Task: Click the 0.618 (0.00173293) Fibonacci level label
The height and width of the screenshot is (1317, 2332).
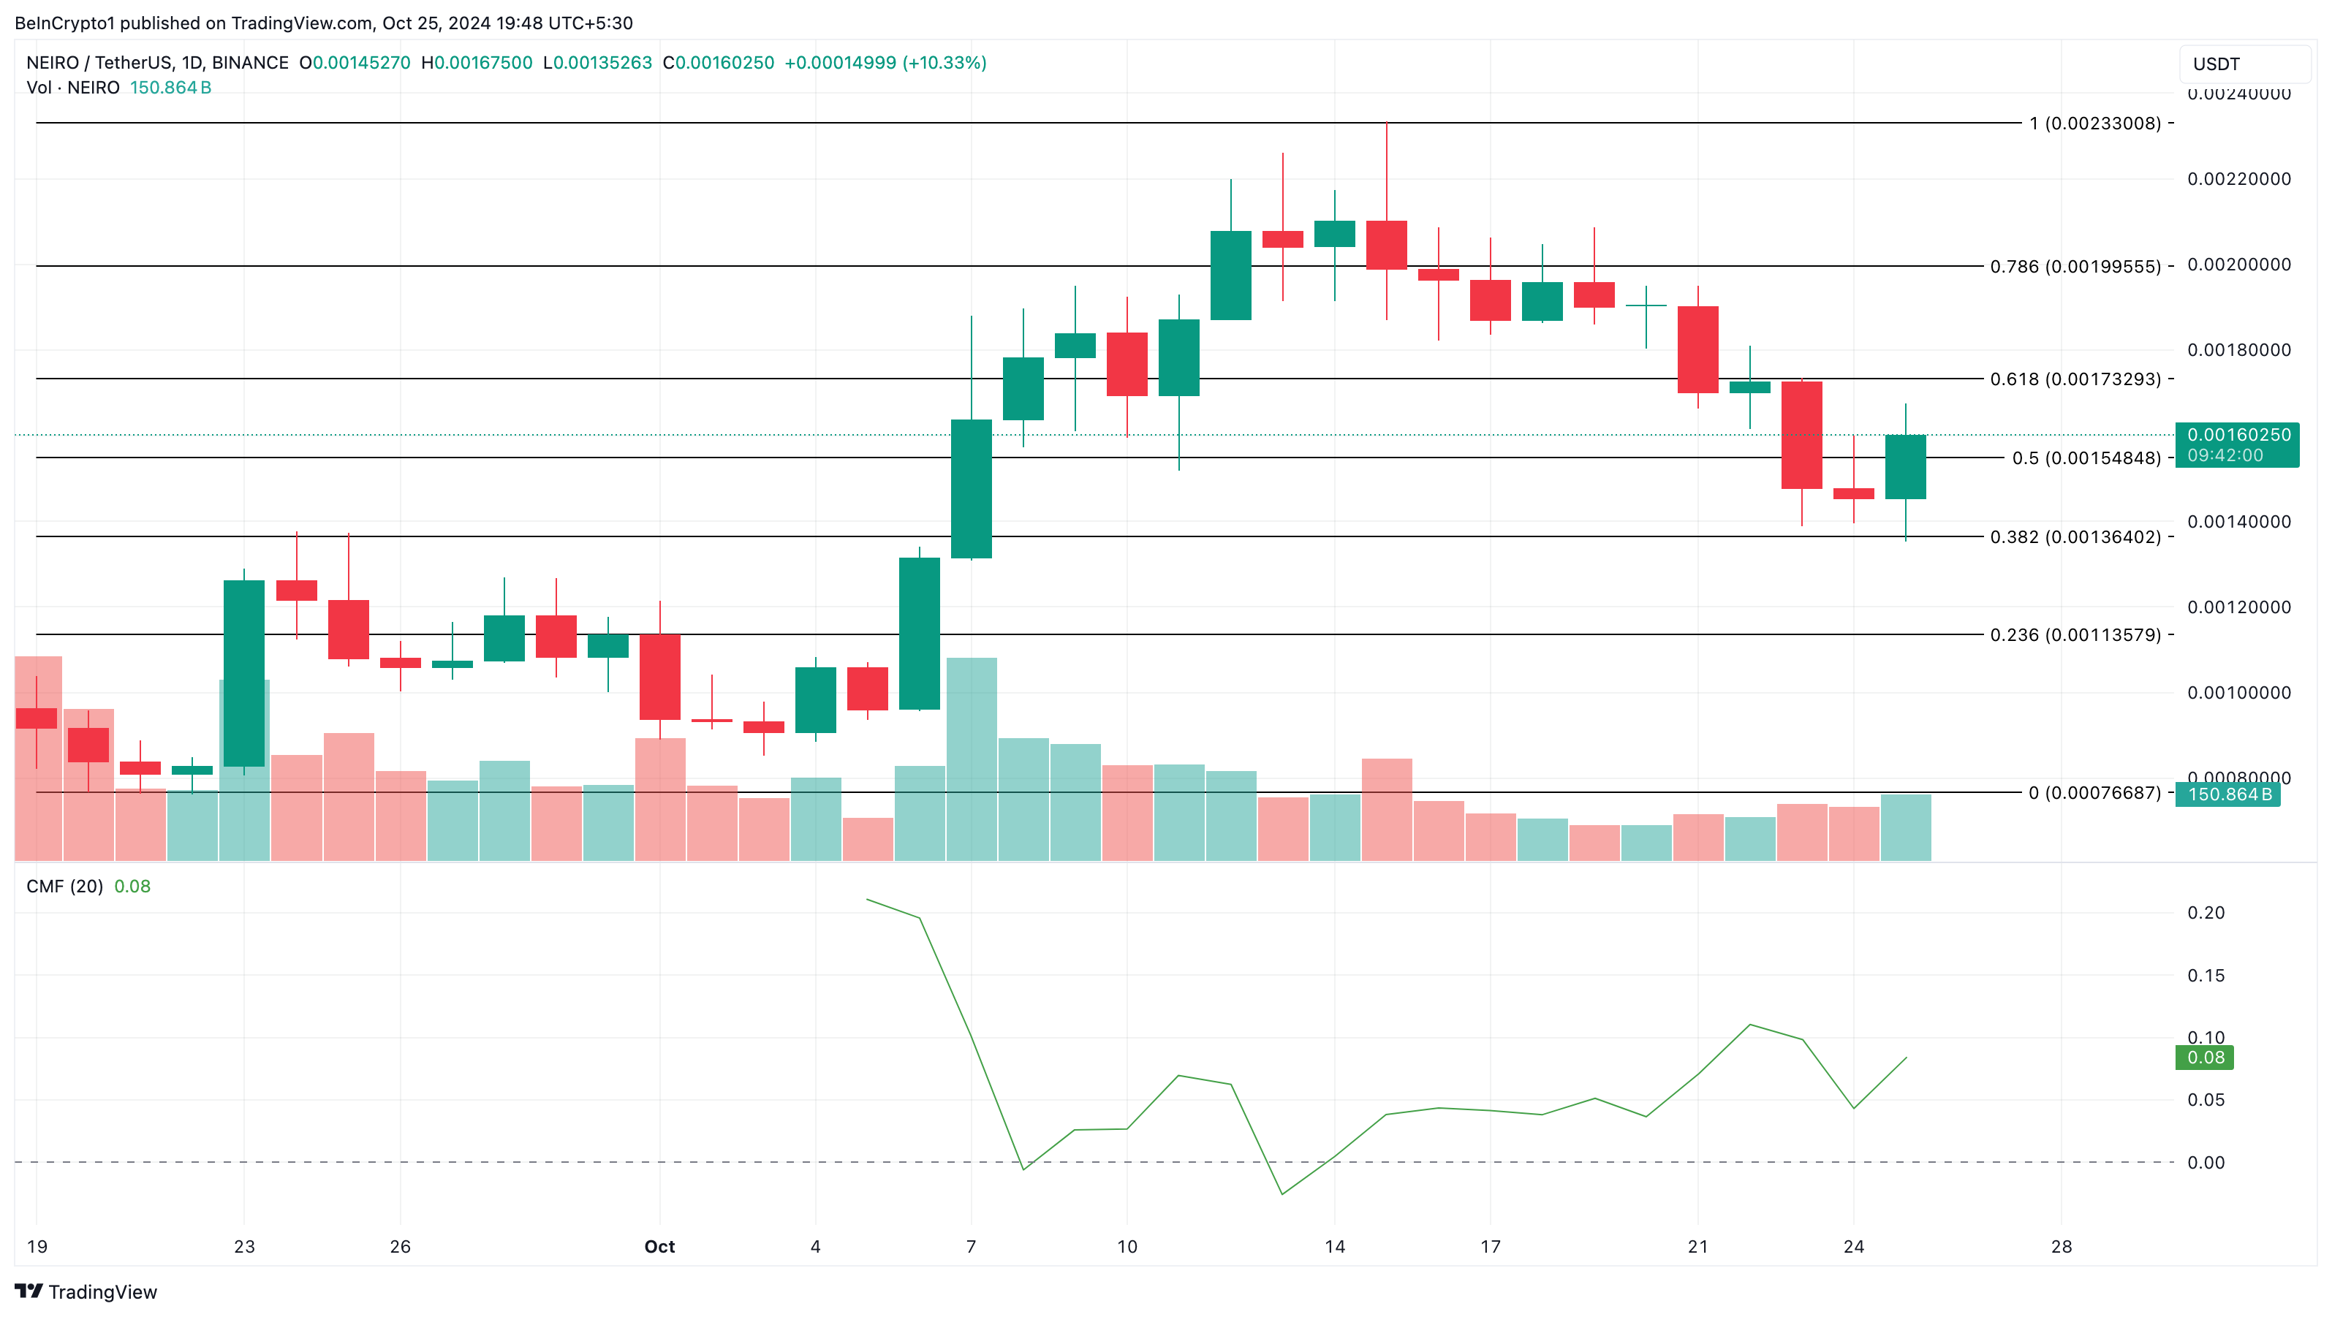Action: pos(2075,379)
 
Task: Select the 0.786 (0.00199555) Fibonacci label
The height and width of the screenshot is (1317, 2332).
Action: pos(2075,267)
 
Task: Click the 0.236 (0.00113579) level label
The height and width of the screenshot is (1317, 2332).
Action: pos(2075,635)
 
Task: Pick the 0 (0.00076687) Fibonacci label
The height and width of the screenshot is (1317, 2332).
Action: pos(2094,794)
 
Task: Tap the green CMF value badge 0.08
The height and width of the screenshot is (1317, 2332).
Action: pos(2204,1058)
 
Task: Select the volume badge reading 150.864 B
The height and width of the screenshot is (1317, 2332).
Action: pos(2228,794)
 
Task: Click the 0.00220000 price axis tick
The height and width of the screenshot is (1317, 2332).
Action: pos(2238,179)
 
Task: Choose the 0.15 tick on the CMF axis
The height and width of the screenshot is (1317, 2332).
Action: pos(2206,976)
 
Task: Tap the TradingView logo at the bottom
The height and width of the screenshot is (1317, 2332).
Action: pos(86,1291)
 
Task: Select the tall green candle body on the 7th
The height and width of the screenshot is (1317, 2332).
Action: pos(972,489)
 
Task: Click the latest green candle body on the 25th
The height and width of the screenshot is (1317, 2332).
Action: pos(1906,467)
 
